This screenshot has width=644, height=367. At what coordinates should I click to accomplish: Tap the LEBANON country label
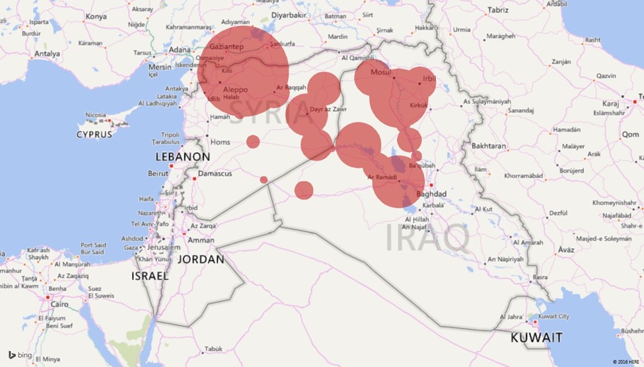183,157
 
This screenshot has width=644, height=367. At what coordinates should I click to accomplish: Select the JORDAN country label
202,259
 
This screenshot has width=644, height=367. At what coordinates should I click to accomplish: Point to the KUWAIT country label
536,337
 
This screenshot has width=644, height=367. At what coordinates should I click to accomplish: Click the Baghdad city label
431,194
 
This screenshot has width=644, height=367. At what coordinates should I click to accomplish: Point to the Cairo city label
59,304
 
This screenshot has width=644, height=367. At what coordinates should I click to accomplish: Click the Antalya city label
47,54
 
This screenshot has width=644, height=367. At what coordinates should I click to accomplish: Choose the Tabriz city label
497,10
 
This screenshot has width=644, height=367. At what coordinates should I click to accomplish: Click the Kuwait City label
554,317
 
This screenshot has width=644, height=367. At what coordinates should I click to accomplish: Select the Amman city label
201,240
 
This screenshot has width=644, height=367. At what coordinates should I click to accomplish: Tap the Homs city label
220,142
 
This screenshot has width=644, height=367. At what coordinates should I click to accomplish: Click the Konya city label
96,16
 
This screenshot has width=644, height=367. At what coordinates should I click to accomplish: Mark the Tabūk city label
213,348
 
